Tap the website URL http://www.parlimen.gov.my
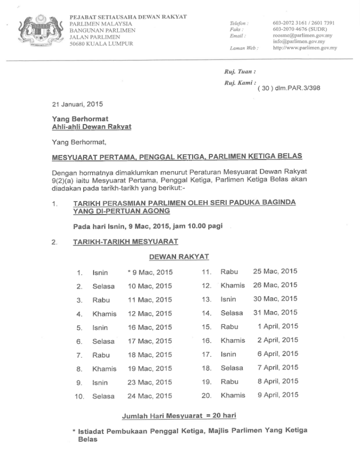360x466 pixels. (305, 48)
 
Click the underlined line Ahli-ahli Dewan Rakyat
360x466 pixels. (91, 127)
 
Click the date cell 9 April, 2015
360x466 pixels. (277, 395)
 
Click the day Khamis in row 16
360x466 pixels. (232, 340)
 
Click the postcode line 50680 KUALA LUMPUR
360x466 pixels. (101, 44)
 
